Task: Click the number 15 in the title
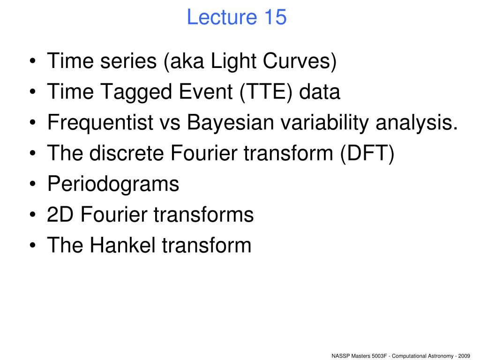tap(276, 17)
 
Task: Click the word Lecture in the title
tap(222, 17)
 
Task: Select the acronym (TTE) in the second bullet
tap(266, 91)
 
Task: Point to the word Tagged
tap(136, 92)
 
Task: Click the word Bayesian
tap(230, 122)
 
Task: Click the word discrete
tap(127, 153)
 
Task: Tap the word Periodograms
tap(113, 184)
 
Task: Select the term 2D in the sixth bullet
tap(60, 214)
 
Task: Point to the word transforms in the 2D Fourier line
tap(203, 214)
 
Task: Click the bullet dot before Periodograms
tap(33, 184)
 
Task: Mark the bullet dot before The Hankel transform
tap(33, 246)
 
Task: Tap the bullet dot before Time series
tap(33, 61)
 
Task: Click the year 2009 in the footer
tap(464, 356)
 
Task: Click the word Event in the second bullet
tap(206, 91)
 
